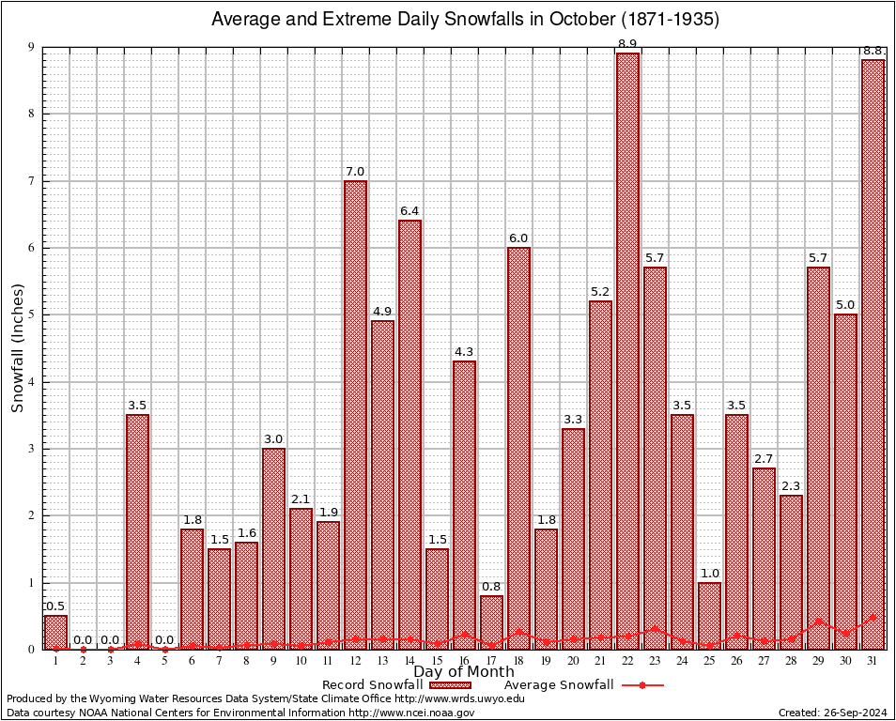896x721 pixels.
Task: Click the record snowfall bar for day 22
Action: (x=627, y=347)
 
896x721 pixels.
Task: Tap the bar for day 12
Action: (x=355, y=413)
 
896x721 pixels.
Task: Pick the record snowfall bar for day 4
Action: (x=137, y=530)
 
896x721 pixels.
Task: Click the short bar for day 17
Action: (x=491, y=621)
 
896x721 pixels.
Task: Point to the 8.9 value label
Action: (x=627, y=44)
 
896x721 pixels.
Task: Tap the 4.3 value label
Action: (x=464, y=352)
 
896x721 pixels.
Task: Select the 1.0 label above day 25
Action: (x=709, y=574)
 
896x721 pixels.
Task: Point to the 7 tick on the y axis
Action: (x=31, y=180)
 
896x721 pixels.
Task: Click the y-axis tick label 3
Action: (x=31, y=449)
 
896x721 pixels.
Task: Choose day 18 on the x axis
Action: (x=518, y=660)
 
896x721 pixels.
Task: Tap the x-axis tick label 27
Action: (x=764, y=660)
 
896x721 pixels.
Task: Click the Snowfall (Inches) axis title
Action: (x=18, y=349)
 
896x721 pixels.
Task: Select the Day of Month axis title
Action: (x=463, y=672)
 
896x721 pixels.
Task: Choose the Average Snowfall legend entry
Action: (x=559, y=685)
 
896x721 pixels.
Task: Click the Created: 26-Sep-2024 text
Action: (x=832, y=713)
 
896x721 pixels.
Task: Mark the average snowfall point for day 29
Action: (x=818, y=621)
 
